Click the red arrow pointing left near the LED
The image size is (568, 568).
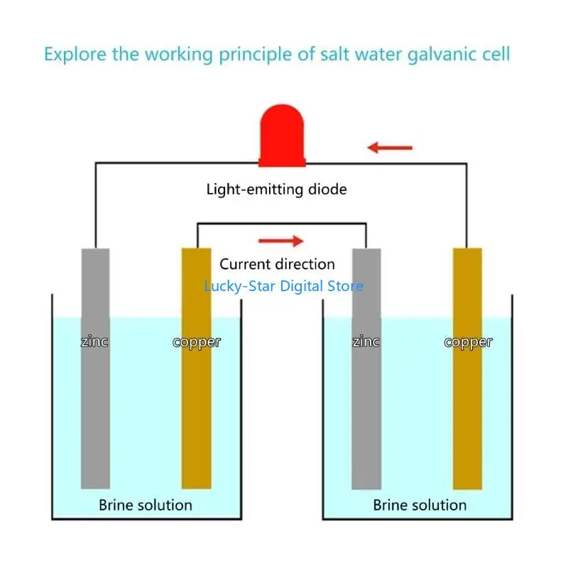pyautogui.click(x=390, y=148)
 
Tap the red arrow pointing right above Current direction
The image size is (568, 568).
pyautogui.click(x=280, y=241)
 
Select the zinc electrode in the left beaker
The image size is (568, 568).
pyautogui.click(x=95, y=412)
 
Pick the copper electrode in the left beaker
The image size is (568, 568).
pyautogui.click(x=196, y=412)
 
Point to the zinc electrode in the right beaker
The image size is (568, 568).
pyautogui.click(x=366, y=412)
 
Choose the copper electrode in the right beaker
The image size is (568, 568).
pyautogui.click(x=467, y=412)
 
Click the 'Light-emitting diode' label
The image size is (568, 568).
pyautogui.click(x=276, y=190)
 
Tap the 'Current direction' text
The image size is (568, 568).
pyautogui.click(x=277, y=264)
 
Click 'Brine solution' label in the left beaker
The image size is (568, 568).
pyautogui.click(x=146, y=506)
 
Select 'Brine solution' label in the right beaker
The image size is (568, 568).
pyautogui.click(x=420, y=506)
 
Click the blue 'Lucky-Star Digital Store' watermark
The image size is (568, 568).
pyautogui.click(x=283, y=286)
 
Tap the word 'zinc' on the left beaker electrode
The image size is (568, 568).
pyautogui.click(x=94, y=342)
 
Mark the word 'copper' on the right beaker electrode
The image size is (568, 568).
pyautogui.click(x=468, y=342)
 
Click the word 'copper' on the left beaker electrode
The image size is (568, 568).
pyautogui.click(x=197, y=342)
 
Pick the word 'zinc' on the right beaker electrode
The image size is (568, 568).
pyautogui.click(x=366, y=342)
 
